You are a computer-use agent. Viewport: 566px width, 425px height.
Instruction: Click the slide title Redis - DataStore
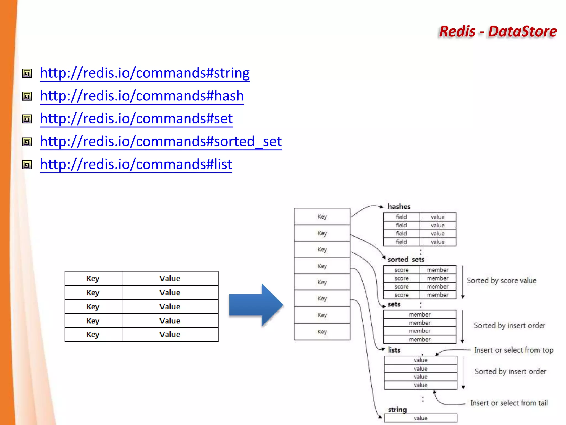pos(498,31)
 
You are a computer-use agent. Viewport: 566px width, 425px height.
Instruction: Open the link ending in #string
pos(145,73)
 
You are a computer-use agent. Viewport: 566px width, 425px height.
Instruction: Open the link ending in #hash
pos(142,96)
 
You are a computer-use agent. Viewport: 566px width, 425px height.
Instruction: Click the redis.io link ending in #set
pos(136,119)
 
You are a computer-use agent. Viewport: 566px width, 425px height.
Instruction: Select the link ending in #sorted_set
pos(161,142)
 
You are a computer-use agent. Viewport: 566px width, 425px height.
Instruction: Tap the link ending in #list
pos(136,164)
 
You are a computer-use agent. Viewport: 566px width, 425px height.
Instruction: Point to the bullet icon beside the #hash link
pos(27,96)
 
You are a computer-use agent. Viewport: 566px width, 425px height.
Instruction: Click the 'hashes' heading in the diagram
pos(399,206)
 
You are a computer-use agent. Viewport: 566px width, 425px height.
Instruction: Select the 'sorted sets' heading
pos(406,260)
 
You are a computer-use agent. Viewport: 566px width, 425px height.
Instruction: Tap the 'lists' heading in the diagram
pos(394,350)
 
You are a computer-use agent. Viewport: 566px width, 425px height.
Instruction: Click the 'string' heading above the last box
pos(397,410)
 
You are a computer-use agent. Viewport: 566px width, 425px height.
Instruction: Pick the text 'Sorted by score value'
pos(501,281)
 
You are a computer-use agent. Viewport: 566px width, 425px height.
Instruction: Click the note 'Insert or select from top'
pos(514,350)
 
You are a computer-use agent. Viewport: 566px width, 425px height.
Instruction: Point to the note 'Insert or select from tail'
pos(509,403)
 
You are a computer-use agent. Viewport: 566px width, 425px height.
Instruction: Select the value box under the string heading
pos(420,418)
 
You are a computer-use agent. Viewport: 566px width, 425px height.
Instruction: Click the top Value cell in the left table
pos(170,278)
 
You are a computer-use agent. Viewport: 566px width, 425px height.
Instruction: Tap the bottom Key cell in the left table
pos(93,335)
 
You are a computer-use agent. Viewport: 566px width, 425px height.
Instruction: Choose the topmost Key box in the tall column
pos(322,217)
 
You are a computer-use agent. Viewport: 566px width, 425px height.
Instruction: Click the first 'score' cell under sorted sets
pos(401,270)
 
